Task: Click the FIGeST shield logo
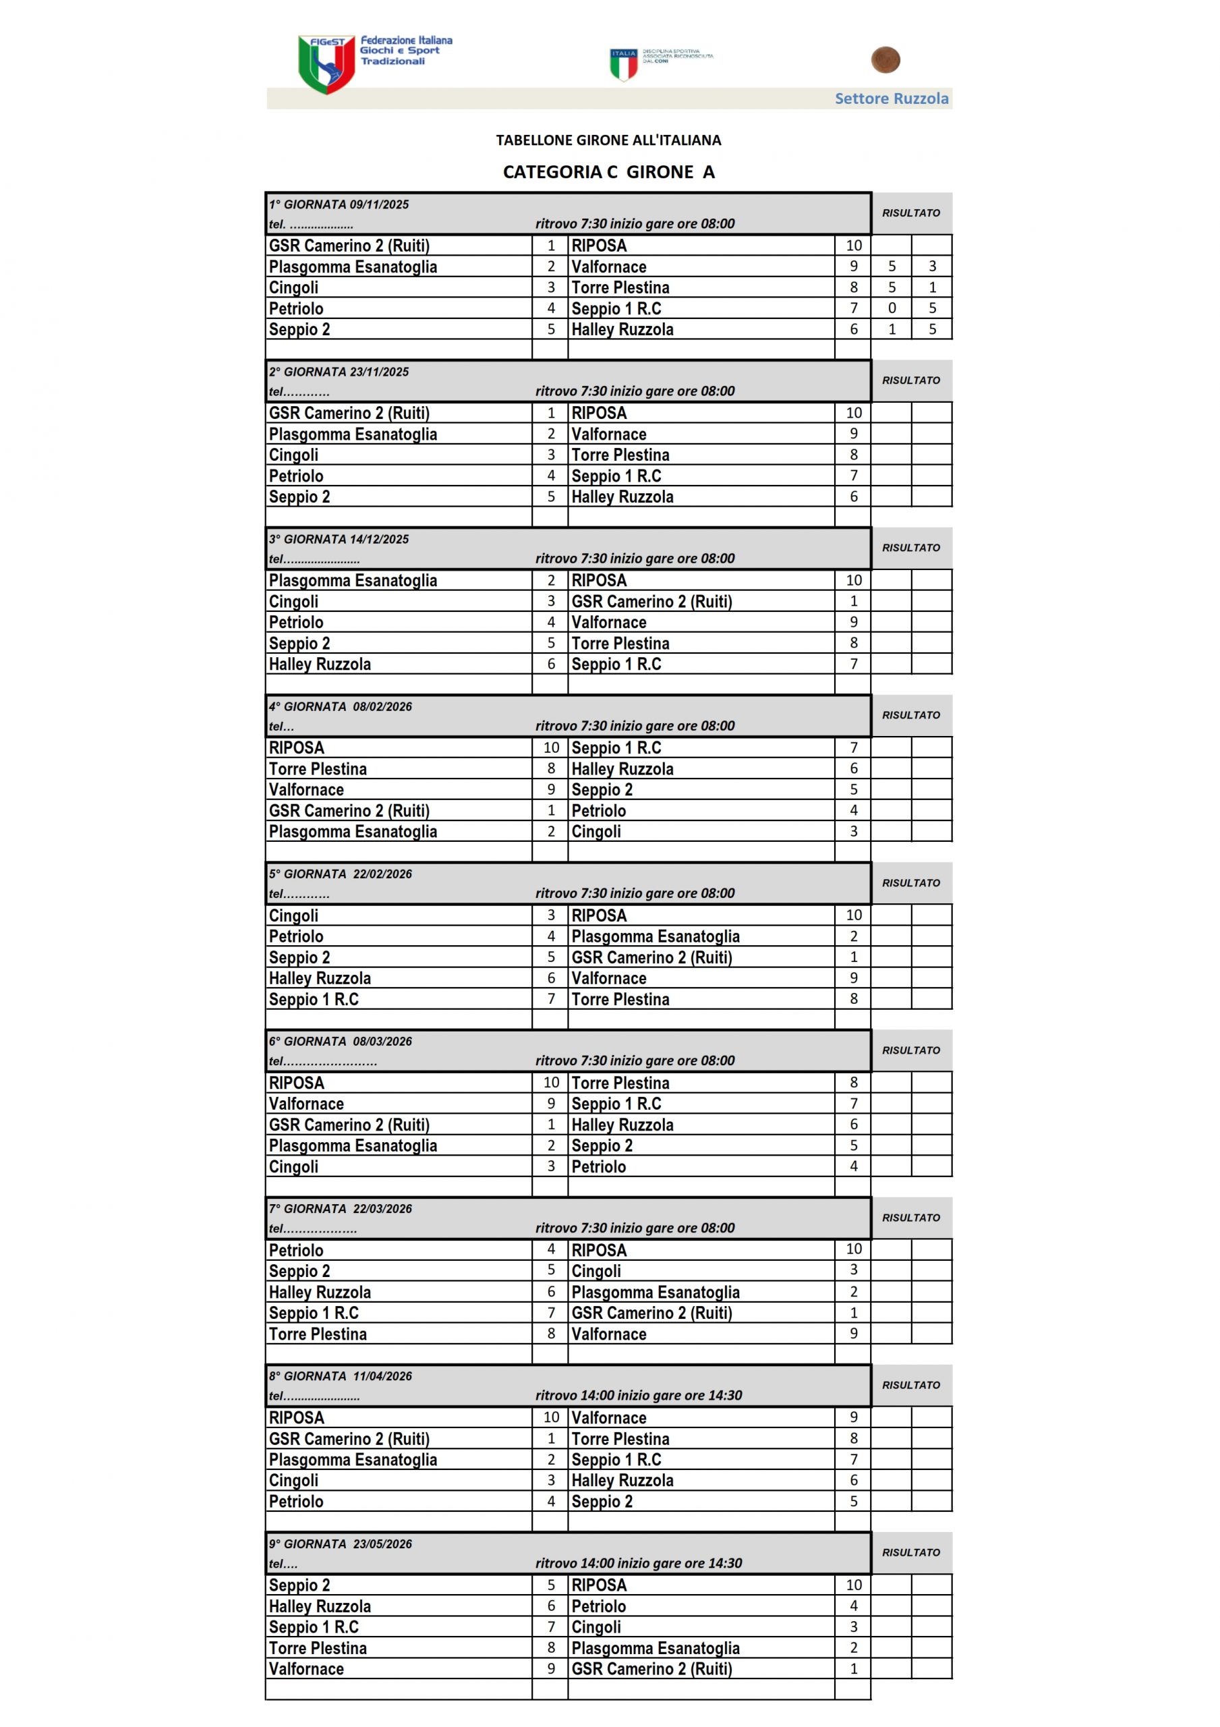(326, 64)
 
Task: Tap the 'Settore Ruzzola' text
(892, 98)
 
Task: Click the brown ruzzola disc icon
(885, 60)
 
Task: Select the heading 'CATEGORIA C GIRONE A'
(608, 172)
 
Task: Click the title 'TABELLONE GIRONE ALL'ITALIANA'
(608, 140)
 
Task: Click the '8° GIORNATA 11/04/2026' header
(341, 1376)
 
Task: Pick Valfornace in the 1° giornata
(608, 267)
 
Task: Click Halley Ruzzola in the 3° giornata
(320, 664)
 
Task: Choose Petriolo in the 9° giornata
(598, 1606)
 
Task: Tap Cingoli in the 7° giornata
(596, 1271)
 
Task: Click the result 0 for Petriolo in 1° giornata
(892, 308)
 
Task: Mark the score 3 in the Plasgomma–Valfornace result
(932, 266)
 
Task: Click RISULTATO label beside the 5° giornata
(911, 883)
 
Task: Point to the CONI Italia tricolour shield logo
(624, 64)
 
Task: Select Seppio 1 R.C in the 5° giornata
(314, 999)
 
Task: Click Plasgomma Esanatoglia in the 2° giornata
(353, 434)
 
